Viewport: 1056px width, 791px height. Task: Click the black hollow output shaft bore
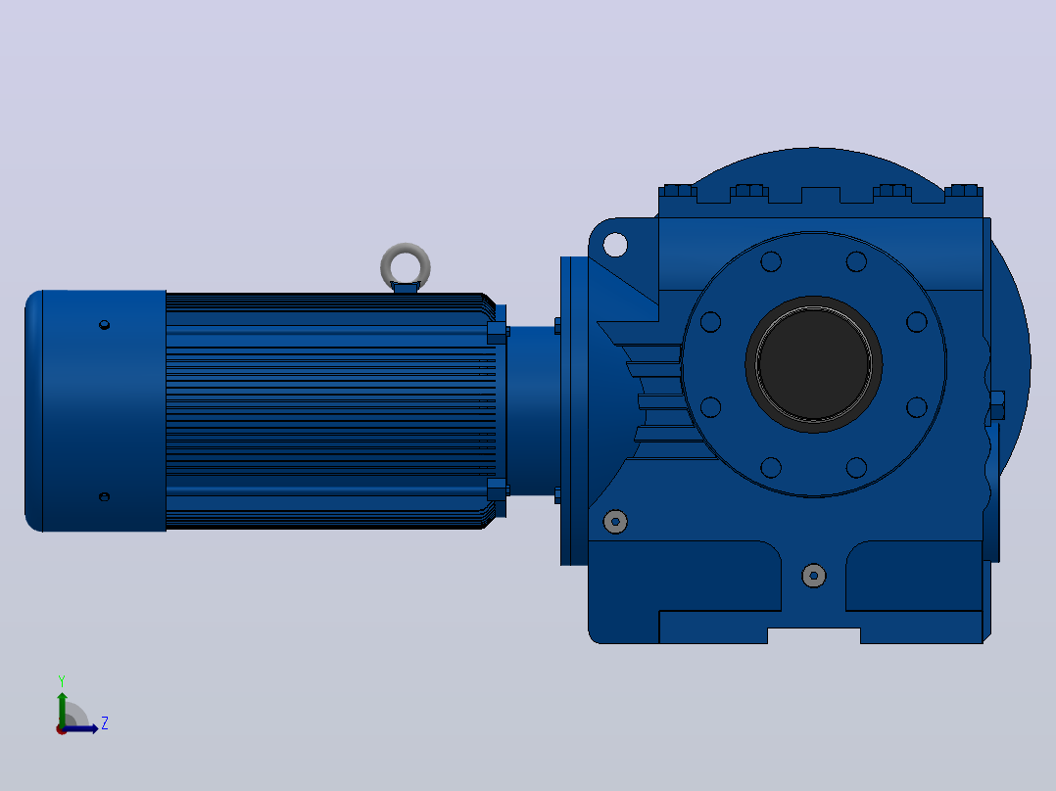click(x=813, y=364)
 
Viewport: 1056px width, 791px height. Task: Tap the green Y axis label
click(x=62, y=681)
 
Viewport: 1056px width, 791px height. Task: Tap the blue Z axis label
click(x=105, y=723)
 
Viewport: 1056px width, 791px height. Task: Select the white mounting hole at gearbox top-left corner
click(x=615, y=245)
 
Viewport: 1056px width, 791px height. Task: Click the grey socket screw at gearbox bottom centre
click(x=813, y=576)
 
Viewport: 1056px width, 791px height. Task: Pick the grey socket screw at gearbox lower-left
click(x=615, y=521)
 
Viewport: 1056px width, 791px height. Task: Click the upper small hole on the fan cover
click(x=105, y=325)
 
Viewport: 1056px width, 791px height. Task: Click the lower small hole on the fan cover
click(x=105, y=496)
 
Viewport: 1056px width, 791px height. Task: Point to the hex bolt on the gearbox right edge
click(x=997, y=405)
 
